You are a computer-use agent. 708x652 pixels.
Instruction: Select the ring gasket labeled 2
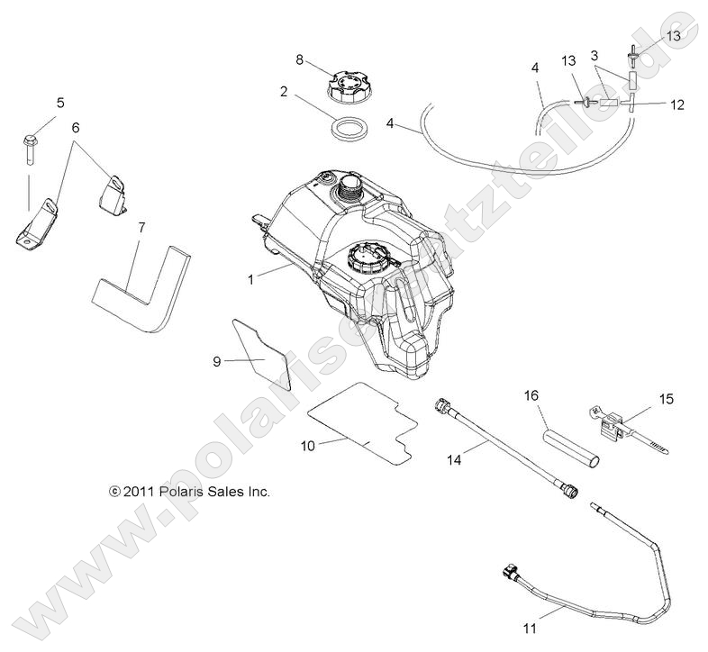pyautogui.click(x=349, y=128)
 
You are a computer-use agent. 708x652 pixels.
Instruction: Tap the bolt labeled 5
pyautogui.click(x=28, y=149)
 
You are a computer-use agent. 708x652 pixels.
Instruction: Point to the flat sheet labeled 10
pyautogui.click(x=360, y=421)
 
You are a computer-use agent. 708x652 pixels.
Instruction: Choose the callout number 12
pyautogui.click(x=677, y=104)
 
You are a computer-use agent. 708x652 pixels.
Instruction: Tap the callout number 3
pyautogui.click(x=595, y=55)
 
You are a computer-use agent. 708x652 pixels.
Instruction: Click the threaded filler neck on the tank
pyautogui.click(x=347, y=189)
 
